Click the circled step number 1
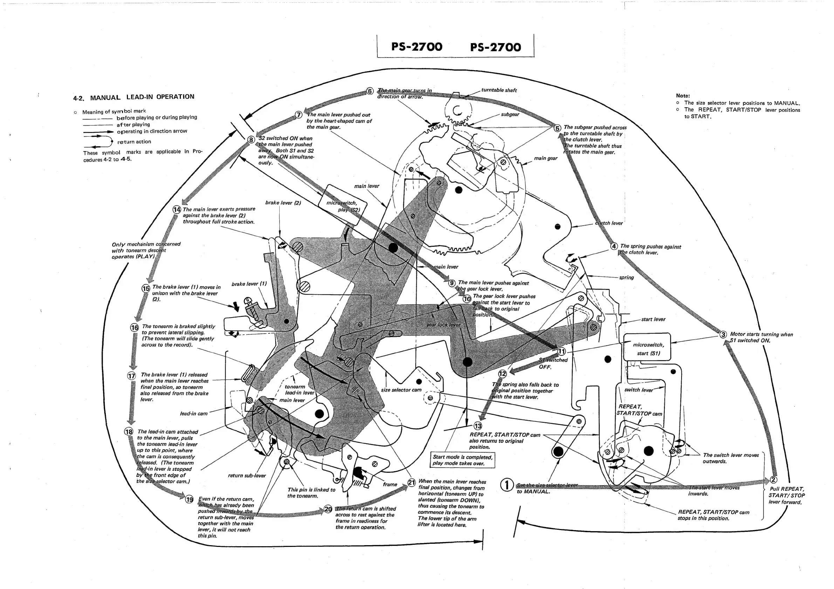click(x=507, y=485)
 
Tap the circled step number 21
click(x=411, y=482)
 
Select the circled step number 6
click(x=370, y=91)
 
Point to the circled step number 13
click(x=478, y=426)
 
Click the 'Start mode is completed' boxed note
click(x=463, y=460)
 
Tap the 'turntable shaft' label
click(x=499, y=90)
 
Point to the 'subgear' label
click(x=510, y=114)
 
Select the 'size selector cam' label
click(x=401, y=390)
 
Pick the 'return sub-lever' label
click(x=247, y=475)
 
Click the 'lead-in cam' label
click(x=193, y=413)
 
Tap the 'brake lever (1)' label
click(x=249, y=284)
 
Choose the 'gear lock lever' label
click(x=443, y=325)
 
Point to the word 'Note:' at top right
click(x=683, y=96)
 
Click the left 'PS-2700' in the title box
click(x=417, y=47)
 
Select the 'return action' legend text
click(x=134, y=142)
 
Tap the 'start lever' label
click(x=653, y=319)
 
